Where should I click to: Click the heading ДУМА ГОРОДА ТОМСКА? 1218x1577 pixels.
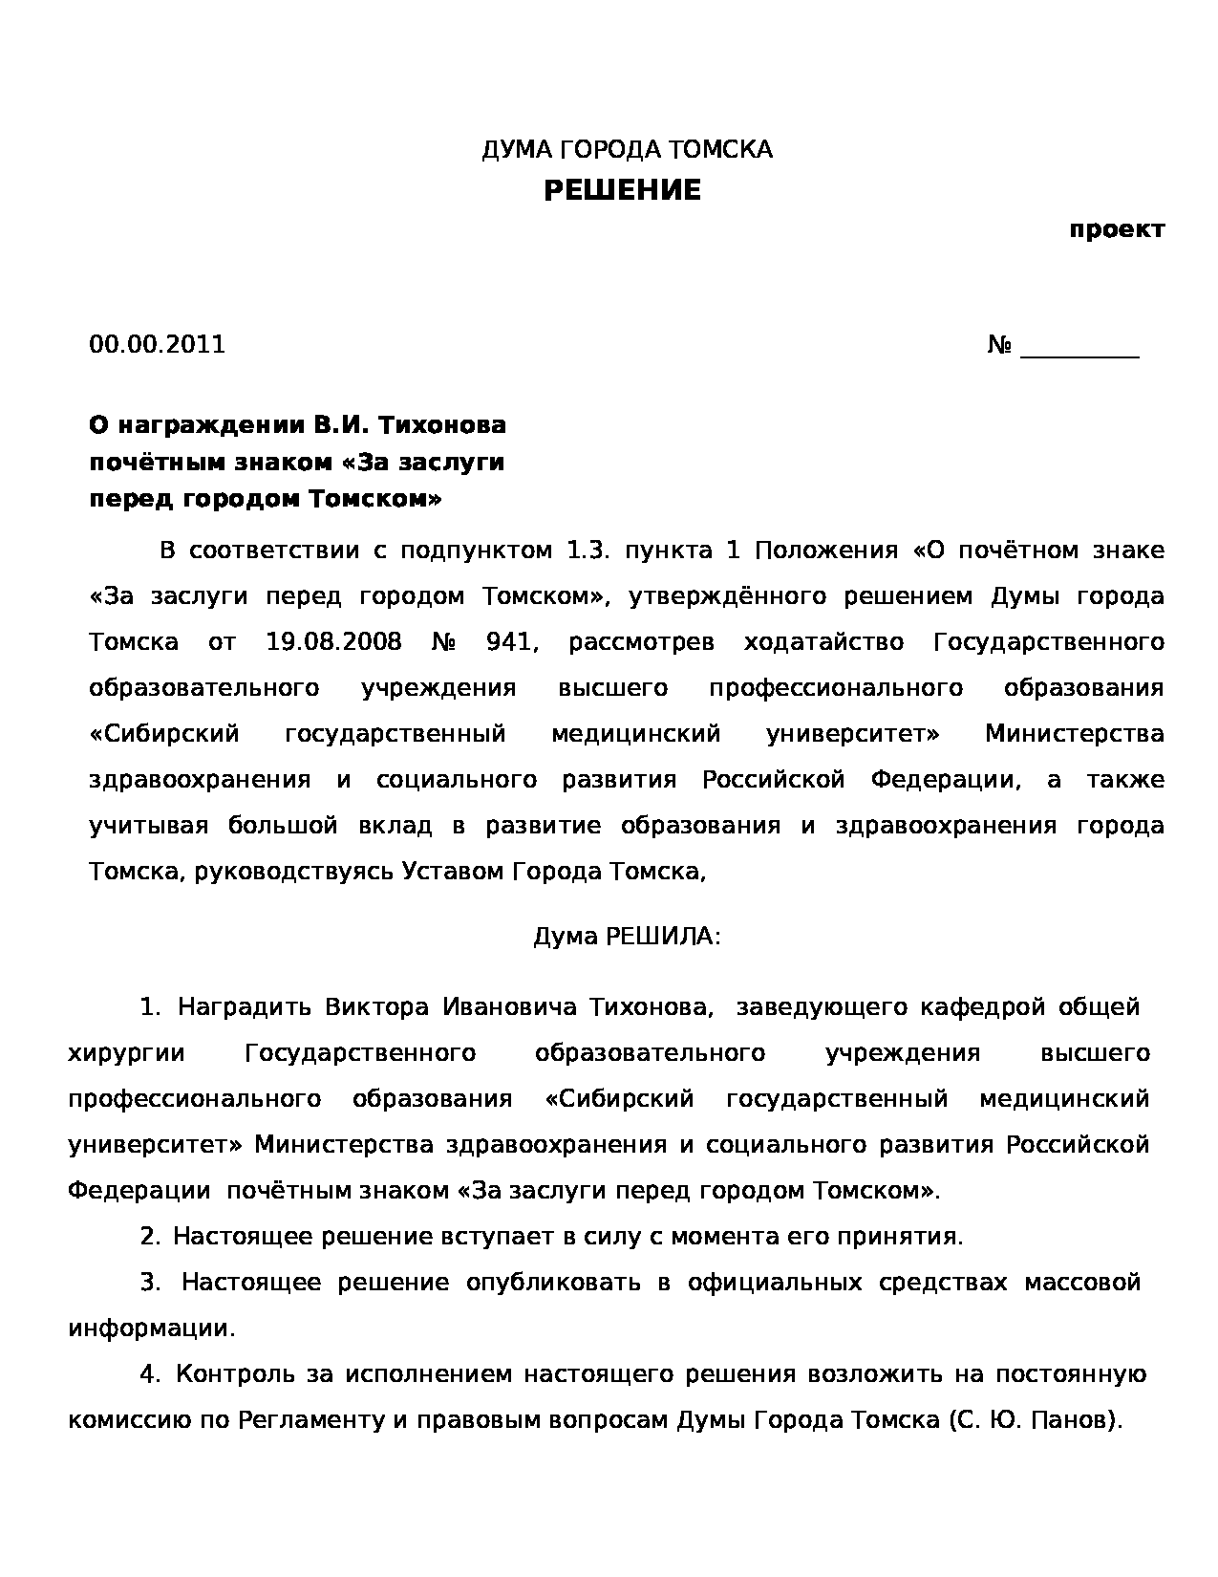point(627,150)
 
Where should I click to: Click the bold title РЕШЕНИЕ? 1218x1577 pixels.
point(622,191)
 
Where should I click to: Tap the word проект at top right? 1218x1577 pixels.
point(1116,230)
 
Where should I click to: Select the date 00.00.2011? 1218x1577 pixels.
point(157,345)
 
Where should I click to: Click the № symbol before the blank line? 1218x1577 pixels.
point(999,345)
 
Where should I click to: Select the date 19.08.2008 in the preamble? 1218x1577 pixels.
point(333,641)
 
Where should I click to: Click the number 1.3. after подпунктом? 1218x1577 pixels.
point(589,551)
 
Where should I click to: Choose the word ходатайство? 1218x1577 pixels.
point(823,641)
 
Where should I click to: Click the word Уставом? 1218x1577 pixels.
point(455,872)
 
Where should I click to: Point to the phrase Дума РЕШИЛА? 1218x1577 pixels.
point(627,937)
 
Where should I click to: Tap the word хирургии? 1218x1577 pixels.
point(126,1053)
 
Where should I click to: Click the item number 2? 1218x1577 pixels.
point(150,1237)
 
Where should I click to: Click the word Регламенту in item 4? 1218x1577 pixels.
point(310,1420)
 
